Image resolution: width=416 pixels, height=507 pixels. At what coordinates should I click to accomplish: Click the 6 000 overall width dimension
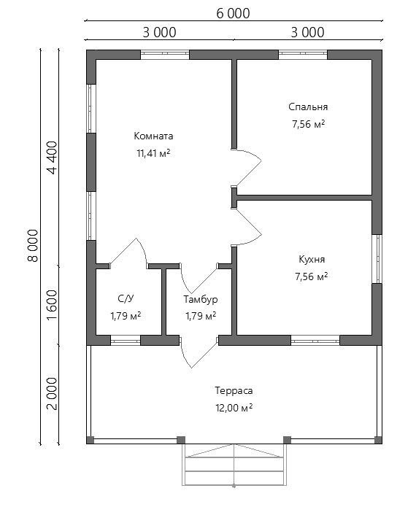tap(233, 14)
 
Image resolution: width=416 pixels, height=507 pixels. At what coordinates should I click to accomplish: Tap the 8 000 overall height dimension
tap(34, 245)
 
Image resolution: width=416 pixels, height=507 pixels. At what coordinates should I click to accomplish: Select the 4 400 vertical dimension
tap(52, 158)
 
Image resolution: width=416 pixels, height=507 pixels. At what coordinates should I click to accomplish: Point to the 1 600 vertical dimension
tap(52, 305)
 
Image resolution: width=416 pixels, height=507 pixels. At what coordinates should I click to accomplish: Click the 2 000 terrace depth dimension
tap(52, 393)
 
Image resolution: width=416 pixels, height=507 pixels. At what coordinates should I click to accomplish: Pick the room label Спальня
tap(308, 107)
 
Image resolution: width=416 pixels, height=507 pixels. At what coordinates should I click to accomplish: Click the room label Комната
tap(154, 136)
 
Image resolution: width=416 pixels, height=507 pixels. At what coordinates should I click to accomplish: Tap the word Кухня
tap(312, 259)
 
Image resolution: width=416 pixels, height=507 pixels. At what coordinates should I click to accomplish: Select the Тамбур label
tap(201, 299)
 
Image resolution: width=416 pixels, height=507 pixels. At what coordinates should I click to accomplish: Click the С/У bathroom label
tap(126, 299)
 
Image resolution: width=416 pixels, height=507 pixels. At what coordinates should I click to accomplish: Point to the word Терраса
tap(234, 390)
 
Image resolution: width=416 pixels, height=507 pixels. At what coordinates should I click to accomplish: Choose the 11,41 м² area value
tap(154, 153)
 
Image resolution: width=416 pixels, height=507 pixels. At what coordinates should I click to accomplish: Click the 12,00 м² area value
tap(234, 408)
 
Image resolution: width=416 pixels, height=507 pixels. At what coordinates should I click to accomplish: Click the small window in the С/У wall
tap(126, 340)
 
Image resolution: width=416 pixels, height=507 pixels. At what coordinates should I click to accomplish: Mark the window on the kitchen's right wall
tap(377, 259)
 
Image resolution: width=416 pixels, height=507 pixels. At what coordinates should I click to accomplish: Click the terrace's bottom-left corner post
tap(90, 440)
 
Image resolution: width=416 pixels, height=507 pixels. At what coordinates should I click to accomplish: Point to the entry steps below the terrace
tap(234, 465)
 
